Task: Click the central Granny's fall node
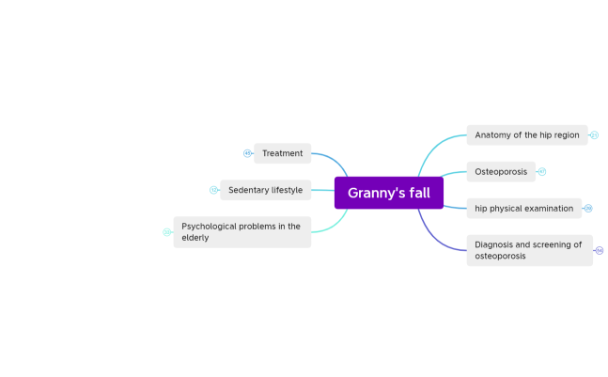(x=388, y=193)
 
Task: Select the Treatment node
(x=282, y=153)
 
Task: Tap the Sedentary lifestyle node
(x=265, y=190)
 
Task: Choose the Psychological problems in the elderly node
(x=242, y=231)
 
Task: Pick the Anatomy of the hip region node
(x=526, y=135)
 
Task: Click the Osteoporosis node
(x=501, y=172)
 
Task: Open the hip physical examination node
(x=523, y=208)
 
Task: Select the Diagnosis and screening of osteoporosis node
(x=529, y=250)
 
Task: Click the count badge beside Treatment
(x=247, y=153)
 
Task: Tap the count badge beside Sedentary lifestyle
(x=213, y=190)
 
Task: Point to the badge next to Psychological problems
(x=166, y=231)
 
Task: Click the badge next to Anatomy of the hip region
(x=595, y=135)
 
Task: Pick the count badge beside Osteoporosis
(x=542, y=172)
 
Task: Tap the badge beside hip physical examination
(x=588, y=208)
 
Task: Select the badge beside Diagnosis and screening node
(x=600, y=250)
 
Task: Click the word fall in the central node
(x=417, y=193)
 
